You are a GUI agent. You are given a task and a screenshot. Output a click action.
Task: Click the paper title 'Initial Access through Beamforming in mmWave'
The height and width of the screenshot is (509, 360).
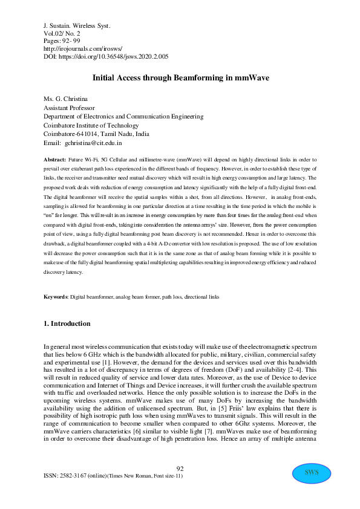[x=180, y=78]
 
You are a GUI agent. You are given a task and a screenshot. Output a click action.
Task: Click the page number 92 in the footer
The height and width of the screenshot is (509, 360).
[x=180, y=469]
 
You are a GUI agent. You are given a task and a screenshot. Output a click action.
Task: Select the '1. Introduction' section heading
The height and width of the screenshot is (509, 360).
[x=67, y=323]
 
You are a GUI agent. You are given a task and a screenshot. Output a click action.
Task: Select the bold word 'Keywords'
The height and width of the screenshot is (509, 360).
[x=56, y=297]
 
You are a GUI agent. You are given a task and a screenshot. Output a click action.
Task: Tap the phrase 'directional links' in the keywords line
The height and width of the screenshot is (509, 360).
[x=199, y=297]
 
